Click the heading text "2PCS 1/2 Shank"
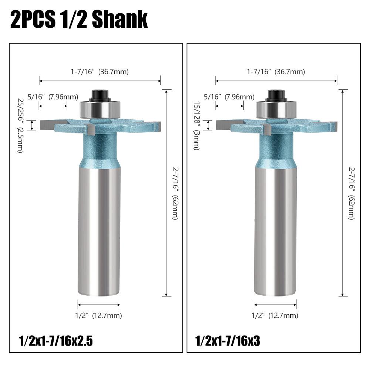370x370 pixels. [79, 20]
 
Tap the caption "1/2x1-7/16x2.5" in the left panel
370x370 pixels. [56, 341]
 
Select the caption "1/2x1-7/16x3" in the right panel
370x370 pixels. [228, 341]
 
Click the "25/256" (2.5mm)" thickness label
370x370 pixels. [20, 126]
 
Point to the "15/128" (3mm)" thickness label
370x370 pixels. [197, 126]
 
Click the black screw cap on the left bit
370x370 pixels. [99, 96]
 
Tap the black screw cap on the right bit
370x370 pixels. [276, 96]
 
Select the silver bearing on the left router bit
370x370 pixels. [100, 109]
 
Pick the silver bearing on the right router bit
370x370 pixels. [276, 109]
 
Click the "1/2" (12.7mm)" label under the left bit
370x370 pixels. [99, 316]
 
